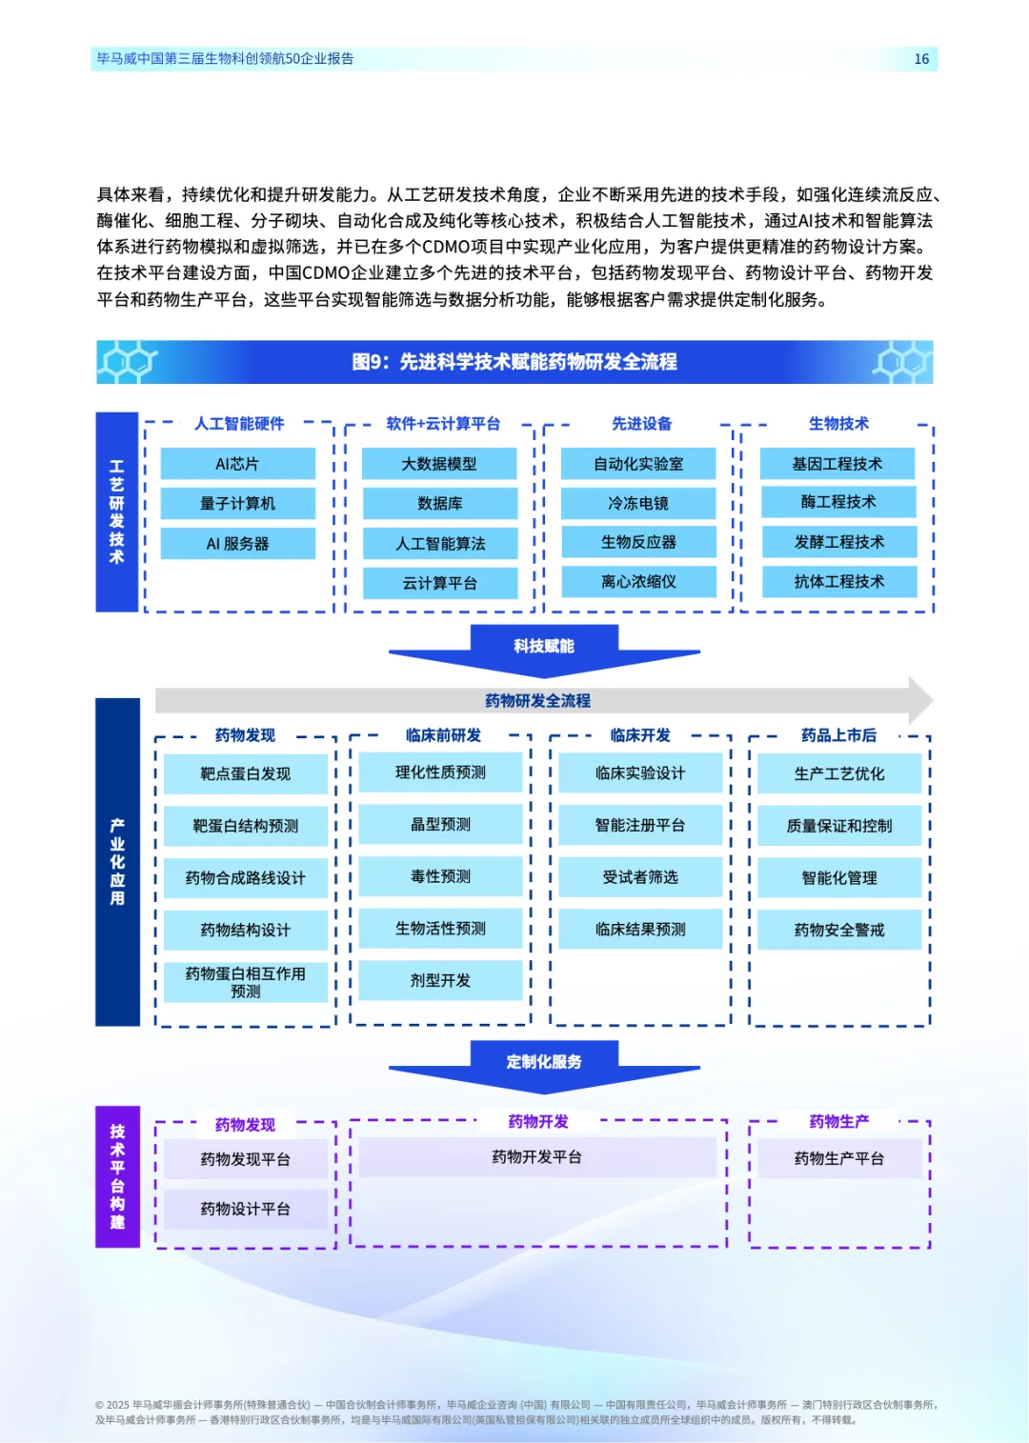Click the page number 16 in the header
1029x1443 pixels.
point(921,59)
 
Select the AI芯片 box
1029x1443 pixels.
point(237,464)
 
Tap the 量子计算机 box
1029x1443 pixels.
point(237,504)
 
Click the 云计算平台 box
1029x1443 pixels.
point(439,583)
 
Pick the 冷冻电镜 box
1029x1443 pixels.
point(638,504)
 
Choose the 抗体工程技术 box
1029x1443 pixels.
point(838,581)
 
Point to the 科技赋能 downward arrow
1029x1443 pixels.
point(544,649)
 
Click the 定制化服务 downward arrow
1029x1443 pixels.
point(544,1064)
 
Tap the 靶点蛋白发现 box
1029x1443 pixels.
point(245,774)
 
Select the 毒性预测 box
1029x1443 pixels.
point(440,876)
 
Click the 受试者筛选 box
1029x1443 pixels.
point(639,877)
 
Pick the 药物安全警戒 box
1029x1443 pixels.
point(838,930)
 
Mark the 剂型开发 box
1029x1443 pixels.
point(440,980)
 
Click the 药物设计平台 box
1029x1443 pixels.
point(245,1209)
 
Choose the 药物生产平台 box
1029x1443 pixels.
point(838,1158)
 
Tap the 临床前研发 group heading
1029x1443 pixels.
point(443,735)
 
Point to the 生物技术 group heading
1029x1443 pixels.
point(838,424)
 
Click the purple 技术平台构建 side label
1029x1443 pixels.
point(117,1176)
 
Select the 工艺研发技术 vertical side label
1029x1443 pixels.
point(117,511)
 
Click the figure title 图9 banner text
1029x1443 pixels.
point(514,362)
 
